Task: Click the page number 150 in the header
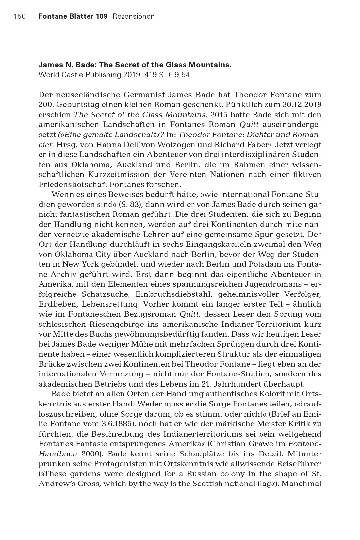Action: tap(20, 16)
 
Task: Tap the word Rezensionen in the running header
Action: tap(133, 16)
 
